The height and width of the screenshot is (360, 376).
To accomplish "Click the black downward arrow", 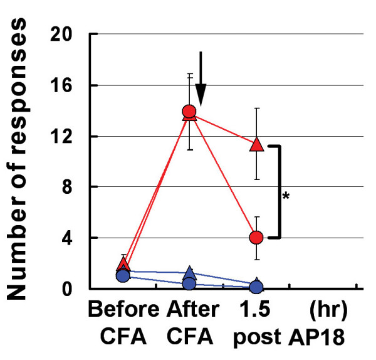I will coord(201,78).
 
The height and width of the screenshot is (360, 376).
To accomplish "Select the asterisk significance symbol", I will coord(286,197).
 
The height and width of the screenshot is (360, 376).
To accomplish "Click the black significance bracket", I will coord(278,191).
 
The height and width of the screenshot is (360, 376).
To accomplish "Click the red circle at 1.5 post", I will coord(256,237).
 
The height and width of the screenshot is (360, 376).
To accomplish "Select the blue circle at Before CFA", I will coord(123,275).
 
